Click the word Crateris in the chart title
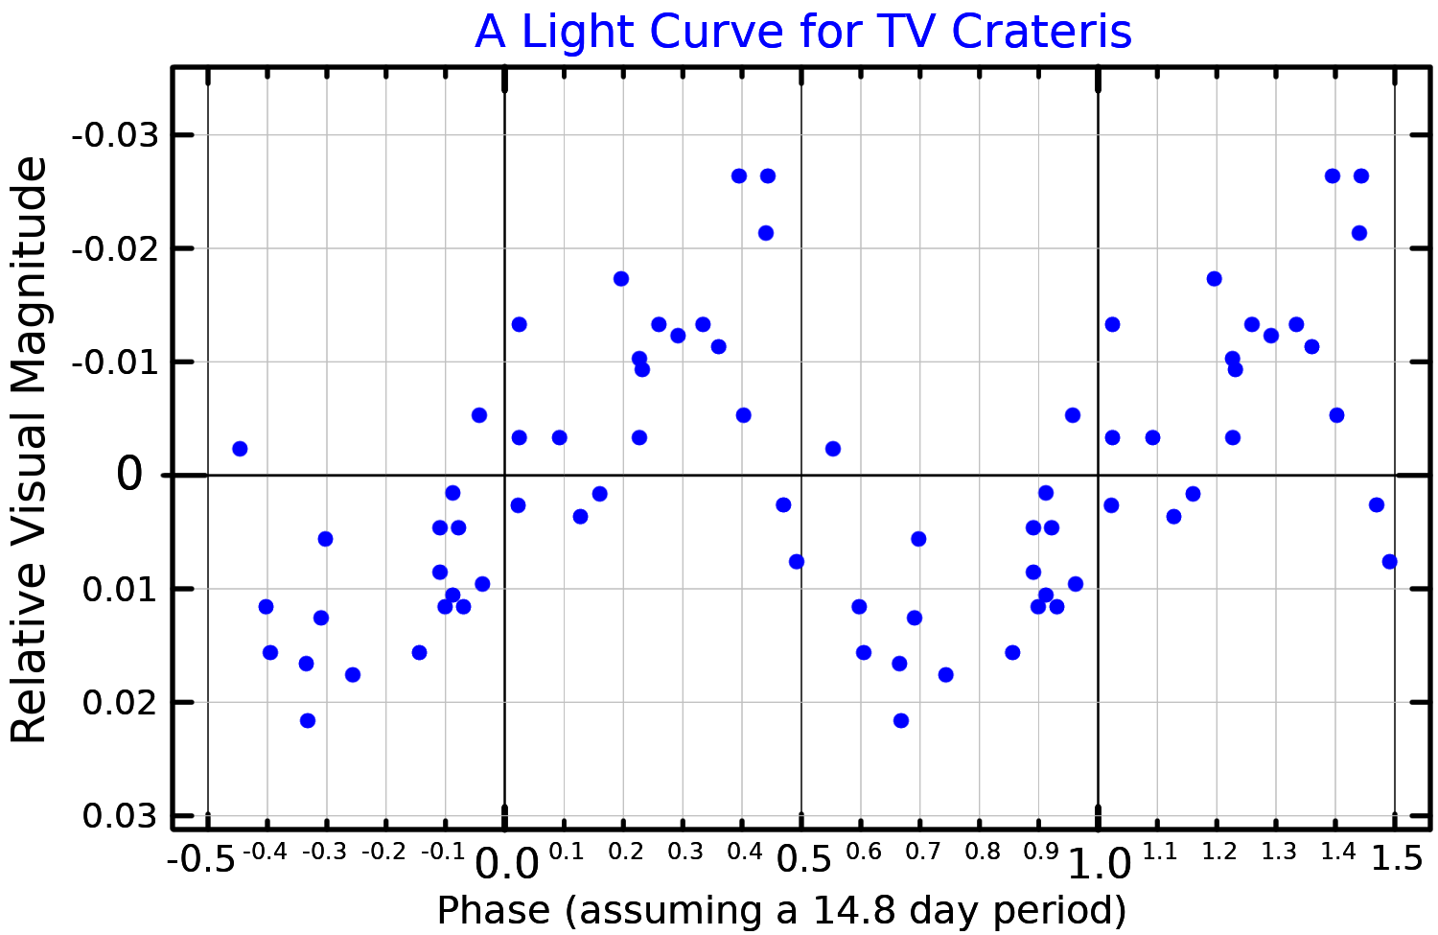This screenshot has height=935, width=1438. (x=1041, y=32)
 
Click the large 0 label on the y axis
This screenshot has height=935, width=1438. (x=129, y=475)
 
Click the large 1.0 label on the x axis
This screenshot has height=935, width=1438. (x=1100, y=864)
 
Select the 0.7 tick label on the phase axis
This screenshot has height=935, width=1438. (x=922, y=852)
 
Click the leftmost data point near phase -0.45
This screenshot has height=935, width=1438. (x=240, y=449)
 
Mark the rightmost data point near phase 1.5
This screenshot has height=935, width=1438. (x=1389, y=561)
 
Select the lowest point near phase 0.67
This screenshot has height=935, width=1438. (x=900, y=720)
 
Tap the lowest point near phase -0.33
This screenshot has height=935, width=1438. (x=308, y=720)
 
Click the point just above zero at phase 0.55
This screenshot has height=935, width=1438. (x=832, y=449)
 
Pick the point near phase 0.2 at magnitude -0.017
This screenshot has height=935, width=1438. (x=620, y=279)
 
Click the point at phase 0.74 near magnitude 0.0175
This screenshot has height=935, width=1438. (x=945, y=674)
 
